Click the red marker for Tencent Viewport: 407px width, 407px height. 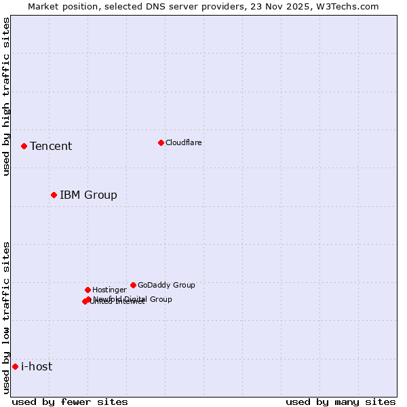(24, 146)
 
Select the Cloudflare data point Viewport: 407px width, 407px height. (161, 142)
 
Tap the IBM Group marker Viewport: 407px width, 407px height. (54, 195)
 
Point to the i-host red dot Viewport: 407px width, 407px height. (15, 366)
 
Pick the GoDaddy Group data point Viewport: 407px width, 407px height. (133, 285)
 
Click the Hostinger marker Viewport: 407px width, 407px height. (88, 290)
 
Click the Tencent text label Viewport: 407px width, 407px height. (51, 147)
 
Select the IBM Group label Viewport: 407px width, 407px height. (88, 195)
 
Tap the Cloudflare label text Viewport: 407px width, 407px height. (184, 142)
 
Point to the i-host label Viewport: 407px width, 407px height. (37, 367)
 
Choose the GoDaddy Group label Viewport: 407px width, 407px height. (166, 285)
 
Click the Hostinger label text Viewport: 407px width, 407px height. (109, 290)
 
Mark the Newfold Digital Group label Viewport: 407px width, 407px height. (133, 298)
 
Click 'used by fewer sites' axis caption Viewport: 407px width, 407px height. (70, 402)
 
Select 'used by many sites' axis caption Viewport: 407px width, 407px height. (341, 402)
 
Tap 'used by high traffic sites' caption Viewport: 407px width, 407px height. (6, 96)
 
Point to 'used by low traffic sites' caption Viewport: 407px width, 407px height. (6, 317)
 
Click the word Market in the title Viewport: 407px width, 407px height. (43, 6)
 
